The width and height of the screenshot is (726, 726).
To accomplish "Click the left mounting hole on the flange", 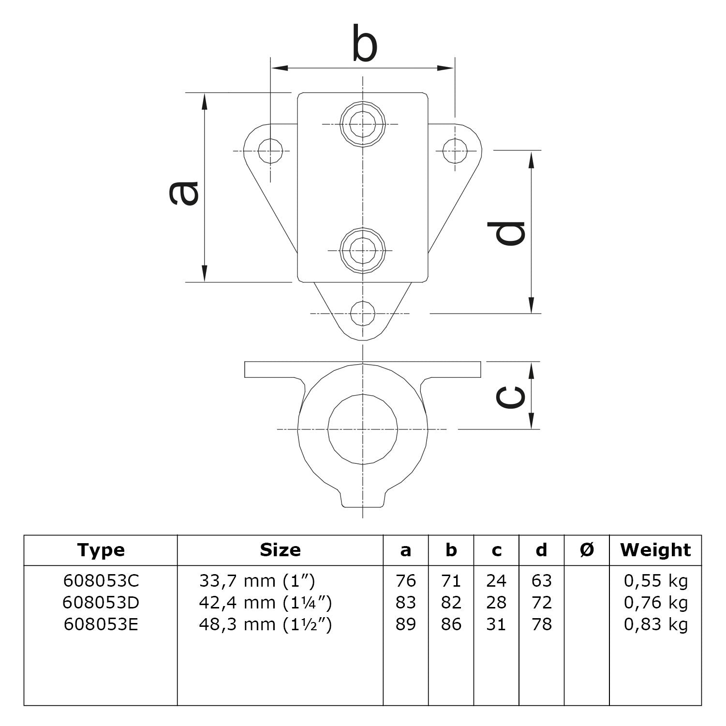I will (270, 151).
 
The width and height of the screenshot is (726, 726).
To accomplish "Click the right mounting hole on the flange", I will (455, 151).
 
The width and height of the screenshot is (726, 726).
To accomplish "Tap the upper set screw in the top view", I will (363, 124).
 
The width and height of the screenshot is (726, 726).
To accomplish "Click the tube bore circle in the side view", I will (363, 429).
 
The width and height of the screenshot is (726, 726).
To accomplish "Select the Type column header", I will (101, 550).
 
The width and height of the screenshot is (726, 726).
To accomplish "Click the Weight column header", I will (655, 550).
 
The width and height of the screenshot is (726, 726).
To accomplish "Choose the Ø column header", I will (586, 550).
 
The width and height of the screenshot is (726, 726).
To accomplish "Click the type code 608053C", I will (101, 580).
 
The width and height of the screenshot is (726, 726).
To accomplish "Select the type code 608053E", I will (101, 624).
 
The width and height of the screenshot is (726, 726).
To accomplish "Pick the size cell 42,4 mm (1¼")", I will (265, 603).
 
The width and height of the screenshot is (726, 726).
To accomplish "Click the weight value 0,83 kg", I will (655, 624).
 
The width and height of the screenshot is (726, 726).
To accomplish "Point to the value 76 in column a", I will (405, 580).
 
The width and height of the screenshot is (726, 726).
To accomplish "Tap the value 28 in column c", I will (496, 603).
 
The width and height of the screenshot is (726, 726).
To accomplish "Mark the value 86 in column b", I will (451, 624).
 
